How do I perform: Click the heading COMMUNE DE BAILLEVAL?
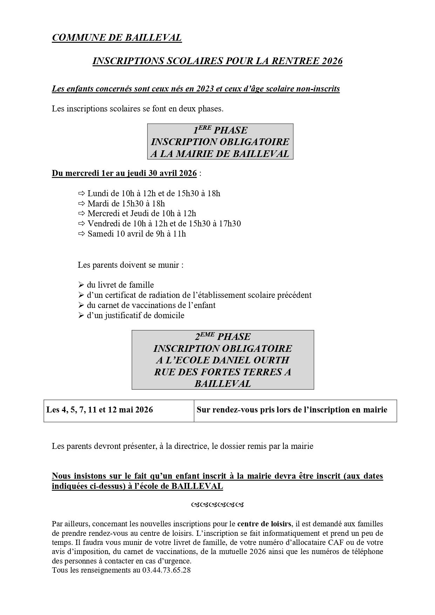coord(117,37)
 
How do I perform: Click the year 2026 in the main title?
coord(332,61)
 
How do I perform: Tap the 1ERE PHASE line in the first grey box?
coord(220,130)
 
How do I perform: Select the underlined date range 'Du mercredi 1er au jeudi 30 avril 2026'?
coord(124,173)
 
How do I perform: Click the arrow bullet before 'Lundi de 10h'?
coord(82,193)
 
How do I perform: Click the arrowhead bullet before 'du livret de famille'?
coord(81,285)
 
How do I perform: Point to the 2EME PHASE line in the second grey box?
coord(223,337)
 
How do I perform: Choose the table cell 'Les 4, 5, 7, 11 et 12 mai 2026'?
coord(100,410)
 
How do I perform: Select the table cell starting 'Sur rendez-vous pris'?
coord(292,410)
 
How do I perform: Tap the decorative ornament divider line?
coord(217,505)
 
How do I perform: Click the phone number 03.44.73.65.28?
coord(166,570)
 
